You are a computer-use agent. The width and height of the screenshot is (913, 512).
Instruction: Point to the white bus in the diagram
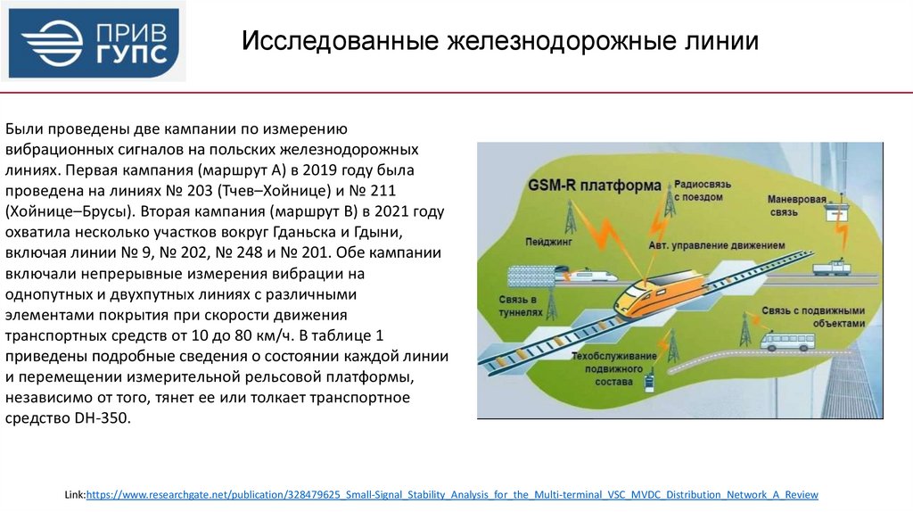coord(780,341)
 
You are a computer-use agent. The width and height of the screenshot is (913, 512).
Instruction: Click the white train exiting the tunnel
coord(587,275)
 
